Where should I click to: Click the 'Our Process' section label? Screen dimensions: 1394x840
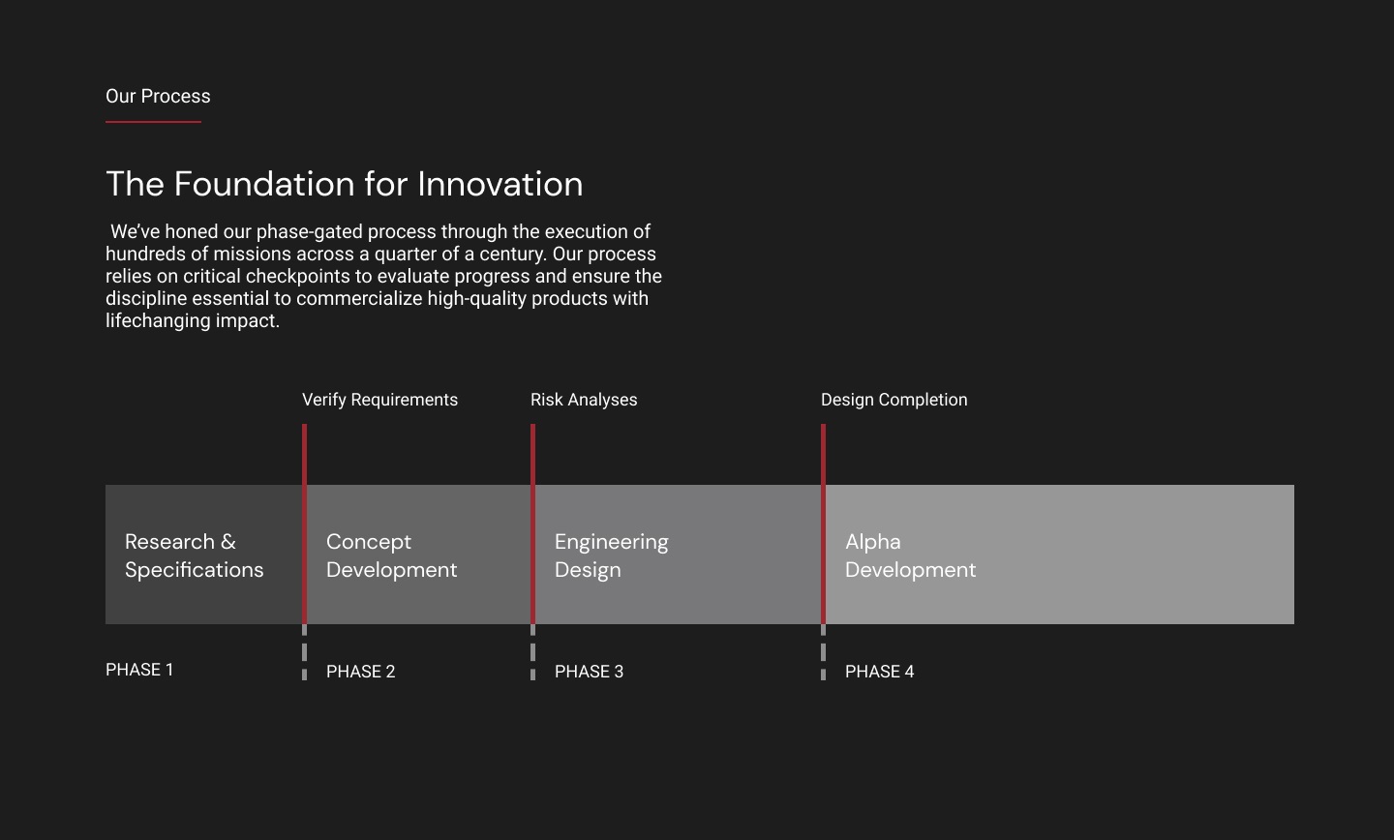coord(158,97)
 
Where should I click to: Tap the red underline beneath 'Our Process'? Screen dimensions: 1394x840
coord(153,122)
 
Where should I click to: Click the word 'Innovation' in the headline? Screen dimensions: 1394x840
coord(500,184)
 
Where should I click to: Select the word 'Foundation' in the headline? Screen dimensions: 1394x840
coord(264,184)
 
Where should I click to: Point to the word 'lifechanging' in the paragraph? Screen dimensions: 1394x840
coord(158,321)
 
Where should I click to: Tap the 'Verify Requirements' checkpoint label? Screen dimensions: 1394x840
coord(379,400)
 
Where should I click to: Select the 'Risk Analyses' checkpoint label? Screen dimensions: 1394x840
coord(584,400)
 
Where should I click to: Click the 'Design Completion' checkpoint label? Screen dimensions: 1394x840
coord(894,400)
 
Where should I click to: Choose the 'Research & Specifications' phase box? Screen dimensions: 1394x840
coord(204,555)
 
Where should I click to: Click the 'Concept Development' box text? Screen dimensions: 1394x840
coord(391,555)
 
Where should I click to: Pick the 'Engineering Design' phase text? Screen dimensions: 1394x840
coord(611,555)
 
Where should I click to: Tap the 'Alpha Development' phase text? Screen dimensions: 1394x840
coord(910,555)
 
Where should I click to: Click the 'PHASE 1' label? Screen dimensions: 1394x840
coord(139,670)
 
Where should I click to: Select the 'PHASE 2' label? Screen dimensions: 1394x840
coord(360,672)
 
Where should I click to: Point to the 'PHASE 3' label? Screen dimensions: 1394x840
coord(589,672)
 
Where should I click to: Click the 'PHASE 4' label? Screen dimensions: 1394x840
coord(879,672)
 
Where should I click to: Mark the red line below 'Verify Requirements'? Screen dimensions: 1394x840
coord(304,524)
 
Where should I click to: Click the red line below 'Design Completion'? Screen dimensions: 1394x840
coord(823,524)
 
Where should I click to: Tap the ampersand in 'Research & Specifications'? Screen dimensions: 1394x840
coord(228,542)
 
